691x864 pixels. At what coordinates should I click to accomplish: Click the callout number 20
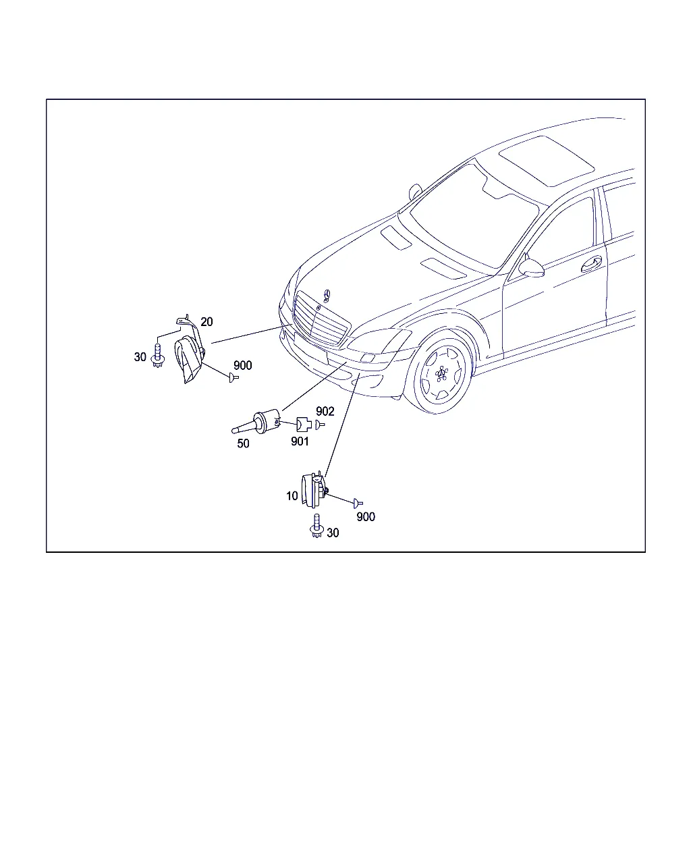[206, 321]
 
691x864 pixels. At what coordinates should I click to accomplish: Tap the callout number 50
[243, 443]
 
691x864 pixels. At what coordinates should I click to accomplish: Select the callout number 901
[300, 441]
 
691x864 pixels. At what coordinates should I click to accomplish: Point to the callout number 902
[325, 411]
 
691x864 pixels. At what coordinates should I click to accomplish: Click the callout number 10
[292, 496]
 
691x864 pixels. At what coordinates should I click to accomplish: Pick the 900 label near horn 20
[242, 365]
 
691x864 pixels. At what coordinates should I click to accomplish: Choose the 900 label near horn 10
[366, 517]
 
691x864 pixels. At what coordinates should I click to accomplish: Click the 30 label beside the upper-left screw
[140, 357]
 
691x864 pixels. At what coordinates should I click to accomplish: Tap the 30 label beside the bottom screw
[333, 533]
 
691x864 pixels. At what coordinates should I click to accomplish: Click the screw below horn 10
[316, 526]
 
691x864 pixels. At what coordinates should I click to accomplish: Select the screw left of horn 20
[158, 356]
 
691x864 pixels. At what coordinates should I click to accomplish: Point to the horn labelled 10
[314, 490]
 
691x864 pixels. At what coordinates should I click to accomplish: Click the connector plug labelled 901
[304, 425]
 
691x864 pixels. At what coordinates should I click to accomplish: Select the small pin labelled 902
[320, 425]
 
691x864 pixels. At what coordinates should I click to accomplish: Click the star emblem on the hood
[327, 296]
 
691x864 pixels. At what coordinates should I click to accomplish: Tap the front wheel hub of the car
[442, 374]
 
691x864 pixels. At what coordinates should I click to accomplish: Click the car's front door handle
[592, 264]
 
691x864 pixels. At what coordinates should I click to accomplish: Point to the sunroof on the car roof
[547, 161]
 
